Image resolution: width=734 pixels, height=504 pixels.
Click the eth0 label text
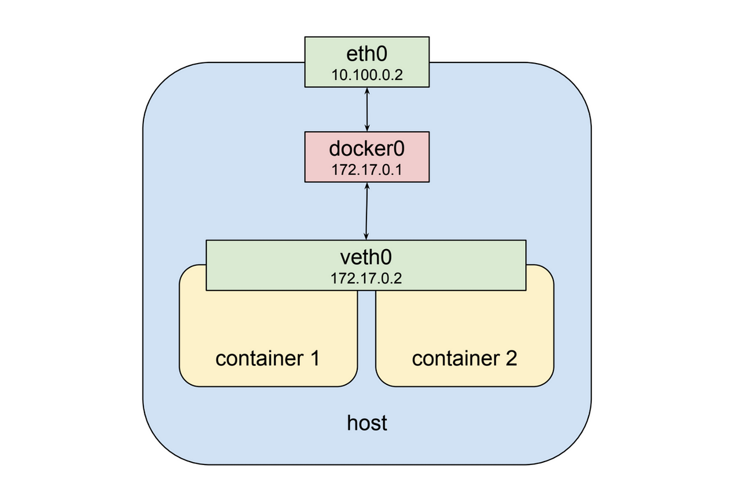click(366, 54)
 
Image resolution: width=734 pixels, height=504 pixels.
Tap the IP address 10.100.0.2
click(367, 75)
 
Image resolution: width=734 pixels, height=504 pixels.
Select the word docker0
click(366, 149)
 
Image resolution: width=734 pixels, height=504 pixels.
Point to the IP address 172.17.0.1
click(366, 170)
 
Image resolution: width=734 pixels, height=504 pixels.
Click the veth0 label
click(366, 257)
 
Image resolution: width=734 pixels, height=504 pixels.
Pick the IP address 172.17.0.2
click(366, 278)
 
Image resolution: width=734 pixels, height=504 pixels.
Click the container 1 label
click(267, 359)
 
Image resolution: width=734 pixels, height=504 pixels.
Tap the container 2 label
click(464, 359)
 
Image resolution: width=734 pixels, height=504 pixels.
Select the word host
click(367, 423)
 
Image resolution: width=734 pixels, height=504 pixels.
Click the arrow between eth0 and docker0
click(367, 109)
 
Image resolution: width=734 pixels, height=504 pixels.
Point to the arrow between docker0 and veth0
click(366, 211)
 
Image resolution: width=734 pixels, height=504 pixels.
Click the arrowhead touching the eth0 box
click(367, 90)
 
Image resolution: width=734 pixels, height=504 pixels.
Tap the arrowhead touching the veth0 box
click(366, 237)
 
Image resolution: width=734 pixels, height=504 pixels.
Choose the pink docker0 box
click(367, 157)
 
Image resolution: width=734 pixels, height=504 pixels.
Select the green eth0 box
click(367, 62)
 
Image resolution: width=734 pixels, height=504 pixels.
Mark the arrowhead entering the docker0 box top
click(367, 128)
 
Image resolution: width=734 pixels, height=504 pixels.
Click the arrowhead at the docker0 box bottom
click(368, 186)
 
